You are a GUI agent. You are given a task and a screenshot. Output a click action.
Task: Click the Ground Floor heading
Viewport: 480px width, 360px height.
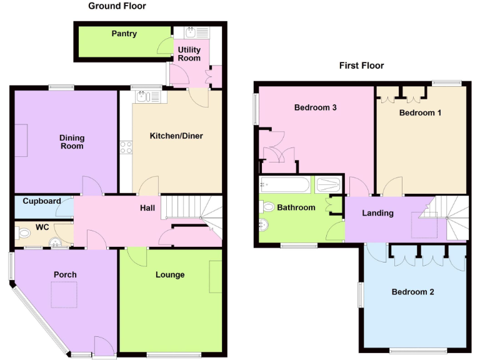(x=117, y=6)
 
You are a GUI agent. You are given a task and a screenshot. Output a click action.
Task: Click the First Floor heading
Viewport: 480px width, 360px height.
(x=361, y=65)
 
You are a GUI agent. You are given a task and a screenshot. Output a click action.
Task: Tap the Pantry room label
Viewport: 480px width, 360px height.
(x=124, y=34)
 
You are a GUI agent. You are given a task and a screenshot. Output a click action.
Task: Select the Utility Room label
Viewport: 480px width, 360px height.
(x=189, y=54)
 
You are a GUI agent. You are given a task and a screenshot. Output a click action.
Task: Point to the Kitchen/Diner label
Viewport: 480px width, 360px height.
(x=176, y=136)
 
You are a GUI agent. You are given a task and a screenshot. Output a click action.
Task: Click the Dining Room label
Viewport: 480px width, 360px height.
(x=72, y=142)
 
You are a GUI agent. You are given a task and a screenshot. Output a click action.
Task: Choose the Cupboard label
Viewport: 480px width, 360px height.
(x=41, y=201)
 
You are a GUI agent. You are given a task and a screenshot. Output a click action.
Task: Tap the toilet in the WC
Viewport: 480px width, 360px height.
(x=25, y=234)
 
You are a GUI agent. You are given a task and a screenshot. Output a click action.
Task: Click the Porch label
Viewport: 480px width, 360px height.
(x=65, y=274)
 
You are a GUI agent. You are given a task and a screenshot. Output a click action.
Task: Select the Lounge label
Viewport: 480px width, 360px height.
(x=170, y=274)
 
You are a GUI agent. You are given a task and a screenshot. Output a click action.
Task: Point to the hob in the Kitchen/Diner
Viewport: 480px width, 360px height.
(x=126, y=147)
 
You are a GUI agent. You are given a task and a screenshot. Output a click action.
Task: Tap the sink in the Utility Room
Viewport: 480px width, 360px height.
(x=191, y=33)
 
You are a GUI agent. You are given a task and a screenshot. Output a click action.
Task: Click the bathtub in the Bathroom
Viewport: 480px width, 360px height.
(x=285, y=185)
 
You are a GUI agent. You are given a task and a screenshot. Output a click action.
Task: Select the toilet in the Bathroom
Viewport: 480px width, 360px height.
(x=268, y=207)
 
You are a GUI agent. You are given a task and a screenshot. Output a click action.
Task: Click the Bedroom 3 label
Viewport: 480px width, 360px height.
(x=316, y=107)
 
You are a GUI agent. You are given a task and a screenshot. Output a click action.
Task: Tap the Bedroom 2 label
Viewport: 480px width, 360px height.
(x=412, y=292)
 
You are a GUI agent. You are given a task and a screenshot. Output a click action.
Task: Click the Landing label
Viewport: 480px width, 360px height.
(x=378, y=213)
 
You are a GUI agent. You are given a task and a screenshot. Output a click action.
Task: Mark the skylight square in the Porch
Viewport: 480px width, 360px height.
(x=64, y=295)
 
